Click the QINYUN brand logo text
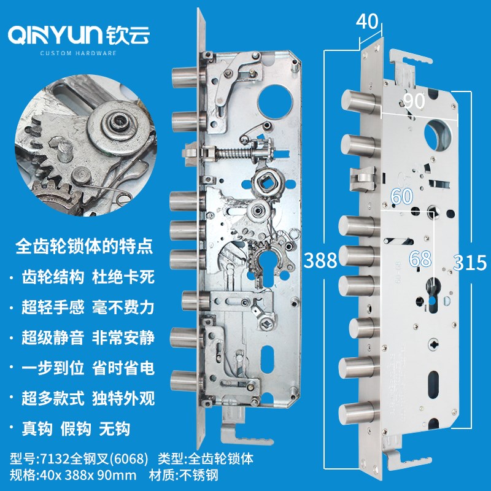(x=55, y=35)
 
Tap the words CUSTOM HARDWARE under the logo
(x=79, y=53)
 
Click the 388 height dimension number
(x=320, y=260)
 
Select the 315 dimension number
(x=470, y=263)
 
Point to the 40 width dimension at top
(x=367, y=21)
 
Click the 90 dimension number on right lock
(x=414, y=101)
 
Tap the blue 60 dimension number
(x=402, y=196)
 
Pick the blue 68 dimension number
(x=420, y=258)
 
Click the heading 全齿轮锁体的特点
(x=84, y=247)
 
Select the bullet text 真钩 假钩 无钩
(x=75, y=428)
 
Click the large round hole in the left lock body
(x=275, y=101)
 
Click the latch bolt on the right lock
(x=363, y=179)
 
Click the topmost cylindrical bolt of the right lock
(x=359, y=100)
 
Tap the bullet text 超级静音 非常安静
(x=88, y=338)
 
